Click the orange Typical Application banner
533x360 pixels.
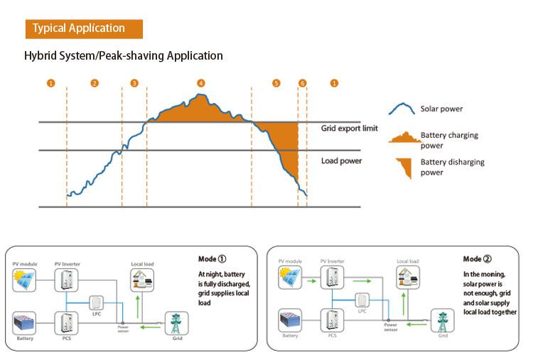(x=84, y=28)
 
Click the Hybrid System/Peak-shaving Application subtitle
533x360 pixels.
(x=124, y=55)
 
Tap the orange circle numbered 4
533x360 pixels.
(x=201, y=83)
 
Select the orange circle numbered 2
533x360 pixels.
(x=95, y=83)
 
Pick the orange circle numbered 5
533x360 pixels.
(x=276, y=83)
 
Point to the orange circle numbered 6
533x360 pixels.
(x=303, y=83)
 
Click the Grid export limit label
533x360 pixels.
(x=349, y=129)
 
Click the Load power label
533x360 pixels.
(x=341, y=160)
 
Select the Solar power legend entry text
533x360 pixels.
(x=441, y=109)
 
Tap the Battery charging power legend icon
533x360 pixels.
(x=402, y=135)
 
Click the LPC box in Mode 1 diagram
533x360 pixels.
(x=95, y=304)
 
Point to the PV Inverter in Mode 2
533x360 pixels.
(x=331, y=281)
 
